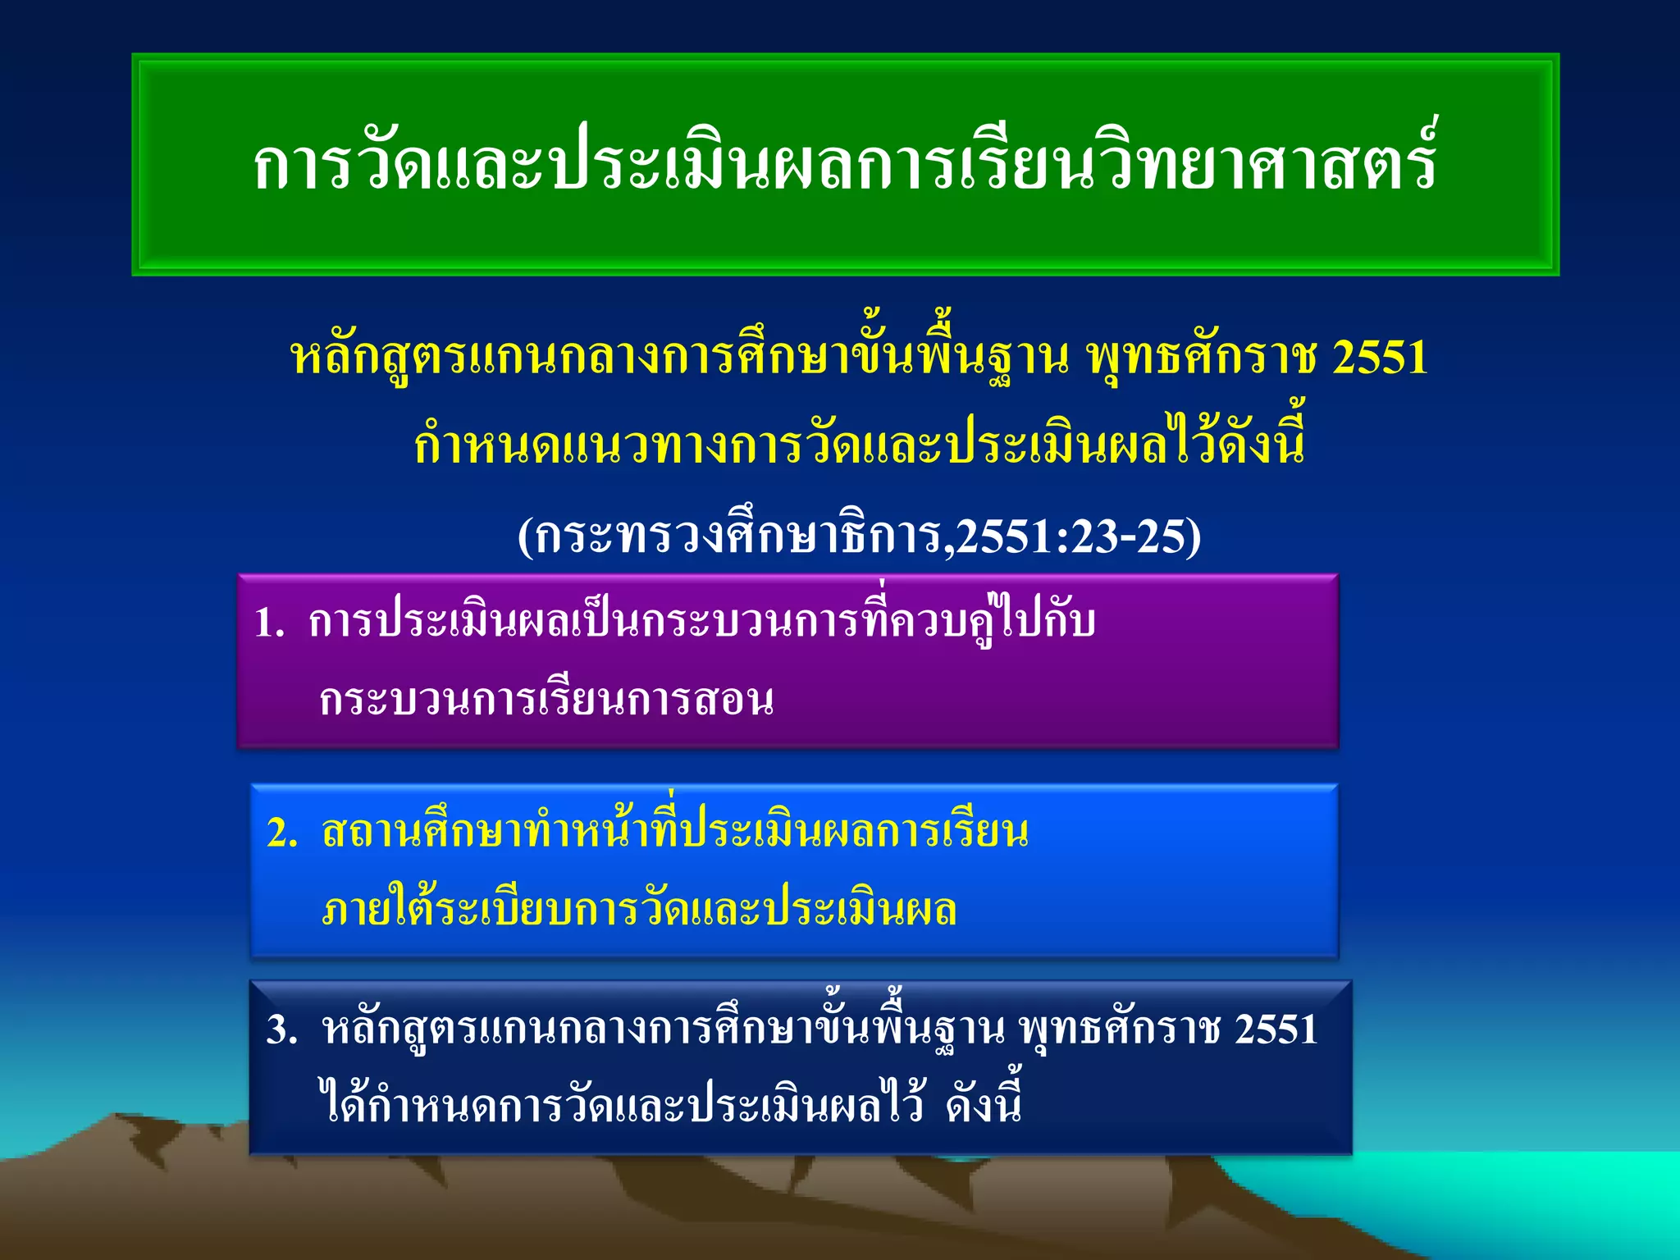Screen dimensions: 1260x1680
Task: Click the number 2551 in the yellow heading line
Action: [x=1380, y=358]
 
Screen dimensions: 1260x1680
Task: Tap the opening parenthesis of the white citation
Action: [x=526, y=538]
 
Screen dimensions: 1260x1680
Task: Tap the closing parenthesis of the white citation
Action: [x=1194, y=538]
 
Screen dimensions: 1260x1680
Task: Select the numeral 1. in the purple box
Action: [x=269, y=623]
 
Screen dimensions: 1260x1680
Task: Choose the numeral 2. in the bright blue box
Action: [x=282, y=833]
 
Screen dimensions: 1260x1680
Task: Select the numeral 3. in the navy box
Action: [x=281, y=1029]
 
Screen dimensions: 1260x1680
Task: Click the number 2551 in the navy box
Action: [x=1276, y=1029]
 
